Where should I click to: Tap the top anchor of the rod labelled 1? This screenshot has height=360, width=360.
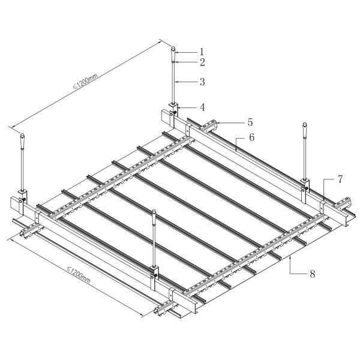pyautogui.click(x=173, y=49)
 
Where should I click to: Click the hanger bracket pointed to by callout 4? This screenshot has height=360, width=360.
pyautogui.click(x=173, y=109)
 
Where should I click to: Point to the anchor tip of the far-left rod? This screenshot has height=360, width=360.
pyautogui.click(x=22, y=136)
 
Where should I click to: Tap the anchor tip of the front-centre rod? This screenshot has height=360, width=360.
pyautogui.click(x=155, y=212)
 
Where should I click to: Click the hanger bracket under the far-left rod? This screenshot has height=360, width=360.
pyautogui.click(x=22, y=196)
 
